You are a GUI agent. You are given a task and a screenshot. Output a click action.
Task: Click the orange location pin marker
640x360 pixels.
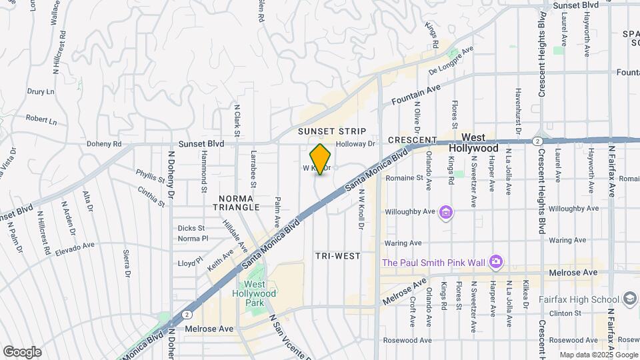pos(321,159)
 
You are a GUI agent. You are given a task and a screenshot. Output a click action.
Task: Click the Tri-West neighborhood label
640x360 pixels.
pos(337,256)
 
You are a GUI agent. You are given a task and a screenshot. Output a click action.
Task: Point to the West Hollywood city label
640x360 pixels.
pos(473,142)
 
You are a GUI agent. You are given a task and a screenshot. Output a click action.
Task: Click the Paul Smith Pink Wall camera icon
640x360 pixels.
pos(495,262)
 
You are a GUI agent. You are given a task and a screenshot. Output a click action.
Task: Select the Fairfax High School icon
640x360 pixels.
pos(629,299)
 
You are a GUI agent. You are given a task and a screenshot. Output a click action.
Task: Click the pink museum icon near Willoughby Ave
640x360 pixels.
pos(447,213)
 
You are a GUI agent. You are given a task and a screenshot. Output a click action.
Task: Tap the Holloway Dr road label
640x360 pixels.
pos(357,143)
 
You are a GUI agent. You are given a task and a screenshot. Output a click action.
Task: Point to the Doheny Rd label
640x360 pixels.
pos(103,143)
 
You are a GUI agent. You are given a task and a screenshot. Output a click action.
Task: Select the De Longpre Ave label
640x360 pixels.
pos(451,59)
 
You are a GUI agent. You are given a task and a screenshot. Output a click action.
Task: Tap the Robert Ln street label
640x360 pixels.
pos(41,119)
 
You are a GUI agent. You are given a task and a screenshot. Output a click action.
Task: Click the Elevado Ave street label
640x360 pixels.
pos(76,247)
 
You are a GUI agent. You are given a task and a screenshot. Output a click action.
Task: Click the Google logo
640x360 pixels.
pos(22,351)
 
